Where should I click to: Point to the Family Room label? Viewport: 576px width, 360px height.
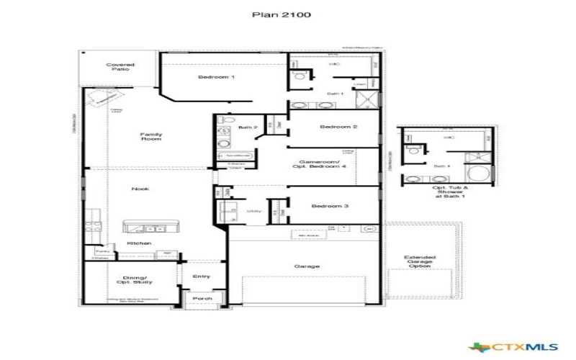[x=150, y=137]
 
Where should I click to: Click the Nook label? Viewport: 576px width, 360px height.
[x=139, y=189]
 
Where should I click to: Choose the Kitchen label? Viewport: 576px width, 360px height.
[x=139, y=243]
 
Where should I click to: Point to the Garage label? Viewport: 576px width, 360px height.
[x=307, y=266]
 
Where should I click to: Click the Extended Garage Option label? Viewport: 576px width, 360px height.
[x=419, y=261]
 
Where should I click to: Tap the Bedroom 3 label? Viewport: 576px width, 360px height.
[x=330, y=207]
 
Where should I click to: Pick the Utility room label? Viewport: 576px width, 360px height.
[x=253, y=211]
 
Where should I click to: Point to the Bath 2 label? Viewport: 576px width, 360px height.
[x=248, y=127]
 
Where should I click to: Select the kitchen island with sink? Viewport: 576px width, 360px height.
[x=148, y=228]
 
